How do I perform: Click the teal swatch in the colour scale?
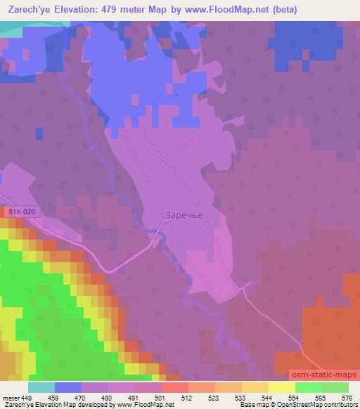click(x=41, y=387)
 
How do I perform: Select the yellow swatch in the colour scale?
click(x=281, y=387)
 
